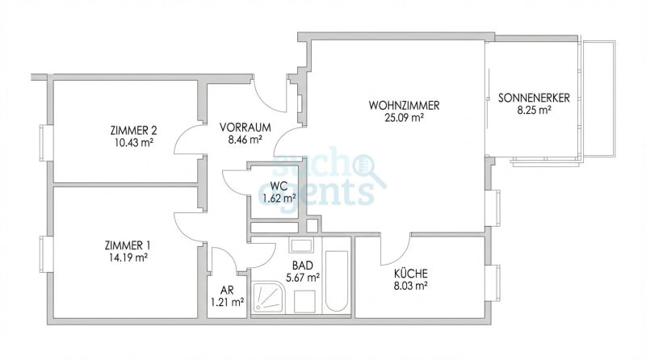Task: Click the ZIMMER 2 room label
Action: (133, 130)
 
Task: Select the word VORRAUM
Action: (245, 127)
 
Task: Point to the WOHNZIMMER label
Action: (404, 106)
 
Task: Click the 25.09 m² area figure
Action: (405, 118)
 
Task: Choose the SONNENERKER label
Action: (535, 98)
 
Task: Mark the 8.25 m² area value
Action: (535, 111)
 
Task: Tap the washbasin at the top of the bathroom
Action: (302, 245)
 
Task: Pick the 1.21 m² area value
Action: (227, 303)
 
